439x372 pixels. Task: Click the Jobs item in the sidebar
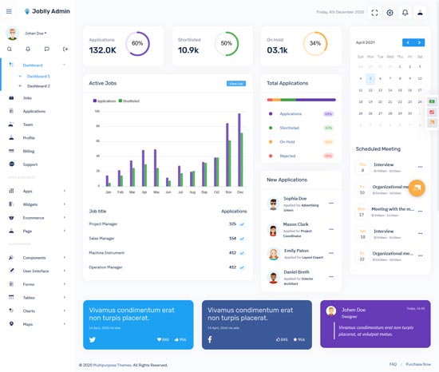pyautogui.click(x=27, y=97)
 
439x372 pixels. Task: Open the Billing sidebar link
pyautogui.click(x=29, y=151)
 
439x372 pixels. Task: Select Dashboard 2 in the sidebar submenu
pyautogui.click(x=38, y=85)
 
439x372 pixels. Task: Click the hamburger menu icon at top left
pyautogui.click(x=9, y=11)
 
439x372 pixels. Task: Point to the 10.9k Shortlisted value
pyautogui.click(x=188, y=50)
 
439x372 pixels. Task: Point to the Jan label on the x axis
pyautogui.click(x=109, y=192)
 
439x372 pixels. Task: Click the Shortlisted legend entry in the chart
pyautogui.click(x=130, y=101)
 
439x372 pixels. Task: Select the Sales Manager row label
pyautogui.click(x=101, y=238)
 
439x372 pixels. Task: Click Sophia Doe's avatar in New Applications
pyautogui.click(x=273, y=204)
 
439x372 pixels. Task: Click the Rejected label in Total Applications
pyautogui.click(x=287, y=156)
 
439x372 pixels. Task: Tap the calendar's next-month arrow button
pyautogui.click(x=420, y=42)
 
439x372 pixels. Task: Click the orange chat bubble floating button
pyautogui.click(x=416, y=188)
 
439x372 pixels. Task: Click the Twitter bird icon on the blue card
pyautogui.click(x=92, y=339)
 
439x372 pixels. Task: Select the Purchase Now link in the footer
pyautogui.click(x=418, y=364)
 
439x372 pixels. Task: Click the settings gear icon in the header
pyautogui.click(x=390, y=13)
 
